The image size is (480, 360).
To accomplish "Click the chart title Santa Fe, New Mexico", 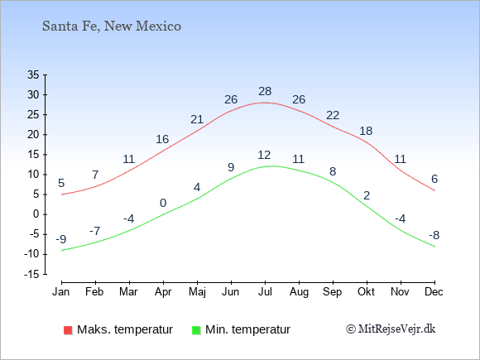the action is point(112,26).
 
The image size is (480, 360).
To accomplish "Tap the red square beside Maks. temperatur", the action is point(68,330).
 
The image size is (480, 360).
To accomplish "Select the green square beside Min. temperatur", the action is point(196,330).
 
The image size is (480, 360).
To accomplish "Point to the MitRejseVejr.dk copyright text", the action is point(391,329).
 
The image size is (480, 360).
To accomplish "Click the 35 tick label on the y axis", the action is point(33,74).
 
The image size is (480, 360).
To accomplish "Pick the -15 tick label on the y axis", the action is point(31,274).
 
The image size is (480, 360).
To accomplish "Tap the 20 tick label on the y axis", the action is point(33,134).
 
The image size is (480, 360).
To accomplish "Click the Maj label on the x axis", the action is point(197,292).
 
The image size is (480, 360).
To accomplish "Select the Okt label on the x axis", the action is point(366,292).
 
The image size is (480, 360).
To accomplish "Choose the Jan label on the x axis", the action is point(61,292).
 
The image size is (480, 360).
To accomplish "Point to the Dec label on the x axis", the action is point(434,292).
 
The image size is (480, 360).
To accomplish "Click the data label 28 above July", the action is point(265,91).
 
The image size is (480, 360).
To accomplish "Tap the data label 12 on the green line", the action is point(264,155).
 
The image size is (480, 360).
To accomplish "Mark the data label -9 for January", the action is point(61,239).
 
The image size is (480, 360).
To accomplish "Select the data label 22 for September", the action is point(333,115).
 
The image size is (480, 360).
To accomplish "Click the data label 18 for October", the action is point(366,131).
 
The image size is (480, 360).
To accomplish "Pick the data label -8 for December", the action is point(434,235).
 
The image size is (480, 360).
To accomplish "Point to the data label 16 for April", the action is point(162,139).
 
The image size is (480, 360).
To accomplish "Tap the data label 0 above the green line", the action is point(163,203).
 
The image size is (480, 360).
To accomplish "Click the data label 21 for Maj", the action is point(197,119).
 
